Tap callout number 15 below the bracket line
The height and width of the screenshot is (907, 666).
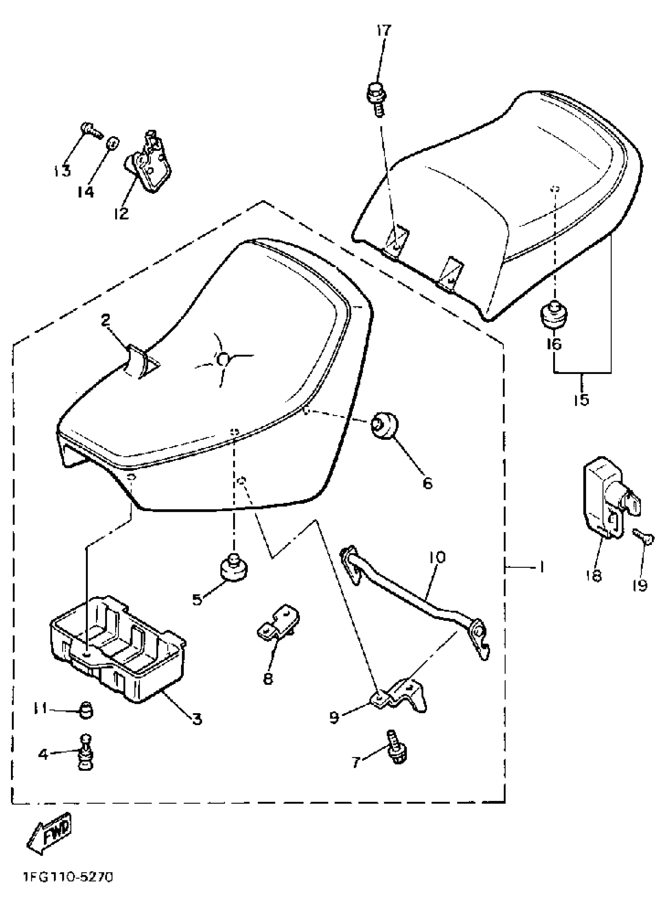point(582,399)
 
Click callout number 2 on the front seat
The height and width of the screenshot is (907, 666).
point(106,321)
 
